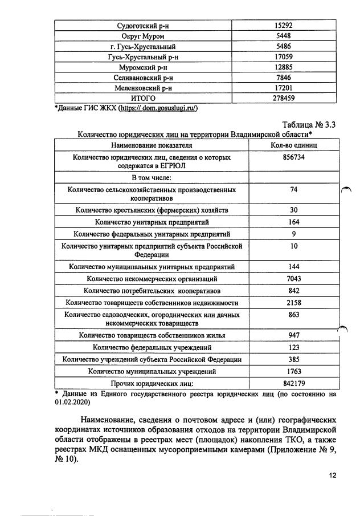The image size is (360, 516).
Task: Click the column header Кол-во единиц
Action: [x=294, y=146]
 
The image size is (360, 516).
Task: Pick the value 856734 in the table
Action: [x=294, y=157]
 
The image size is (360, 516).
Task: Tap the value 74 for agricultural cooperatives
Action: [x=294, y=189]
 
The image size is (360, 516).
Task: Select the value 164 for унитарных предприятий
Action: [x=294, y=222]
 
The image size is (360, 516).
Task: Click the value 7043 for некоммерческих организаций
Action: [x=294, y=279]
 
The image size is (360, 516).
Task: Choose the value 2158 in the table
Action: [x=294, y=303]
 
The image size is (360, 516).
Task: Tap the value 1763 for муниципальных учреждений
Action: [x=294, y=371]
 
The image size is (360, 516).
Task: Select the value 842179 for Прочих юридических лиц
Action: [x=294, y=383]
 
